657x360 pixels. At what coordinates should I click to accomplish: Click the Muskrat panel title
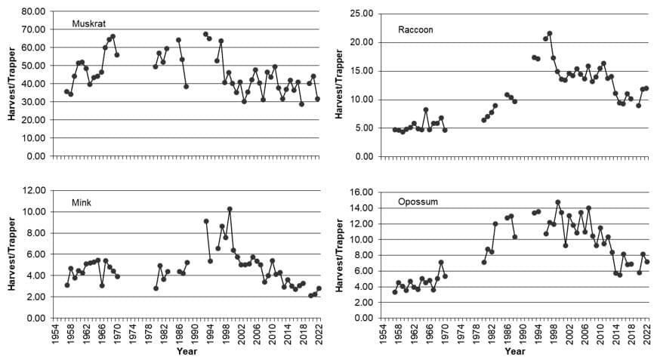(88, 23)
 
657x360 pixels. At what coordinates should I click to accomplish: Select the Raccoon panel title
(415, 29)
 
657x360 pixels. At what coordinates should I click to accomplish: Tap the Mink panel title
(81, 203)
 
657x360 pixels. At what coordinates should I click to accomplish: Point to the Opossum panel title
(418, 202)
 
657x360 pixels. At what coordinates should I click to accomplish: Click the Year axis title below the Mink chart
(187, 352)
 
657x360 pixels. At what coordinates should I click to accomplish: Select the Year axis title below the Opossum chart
(514, 352)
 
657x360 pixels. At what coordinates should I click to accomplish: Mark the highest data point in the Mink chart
(230, 209)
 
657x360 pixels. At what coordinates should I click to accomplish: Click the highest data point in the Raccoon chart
(550, 33)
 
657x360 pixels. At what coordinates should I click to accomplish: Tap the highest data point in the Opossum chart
(557, 202)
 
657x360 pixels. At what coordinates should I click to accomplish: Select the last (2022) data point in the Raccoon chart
(646, 88)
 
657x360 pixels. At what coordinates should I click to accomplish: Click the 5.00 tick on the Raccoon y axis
(365, 128)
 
